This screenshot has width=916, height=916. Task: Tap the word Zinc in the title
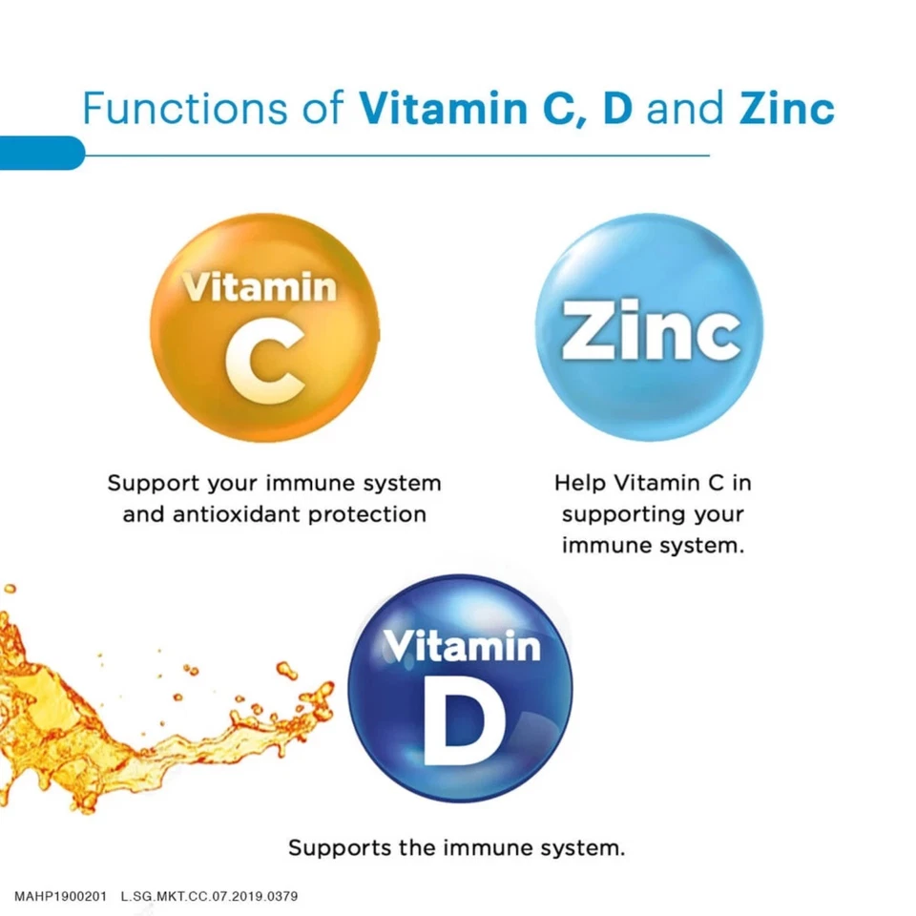click(787, 109)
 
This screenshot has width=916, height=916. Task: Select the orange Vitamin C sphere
click(264, 327)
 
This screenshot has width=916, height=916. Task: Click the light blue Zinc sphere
click(649, 327)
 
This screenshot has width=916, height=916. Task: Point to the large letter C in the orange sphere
click(265, 367)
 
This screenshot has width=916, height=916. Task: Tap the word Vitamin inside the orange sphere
click(260, 286)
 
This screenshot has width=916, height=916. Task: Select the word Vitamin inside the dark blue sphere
click(461, 647)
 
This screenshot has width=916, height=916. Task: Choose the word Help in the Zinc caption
click(579, 483)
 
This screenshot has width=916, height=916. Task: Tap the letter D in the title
click(616, 109)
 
